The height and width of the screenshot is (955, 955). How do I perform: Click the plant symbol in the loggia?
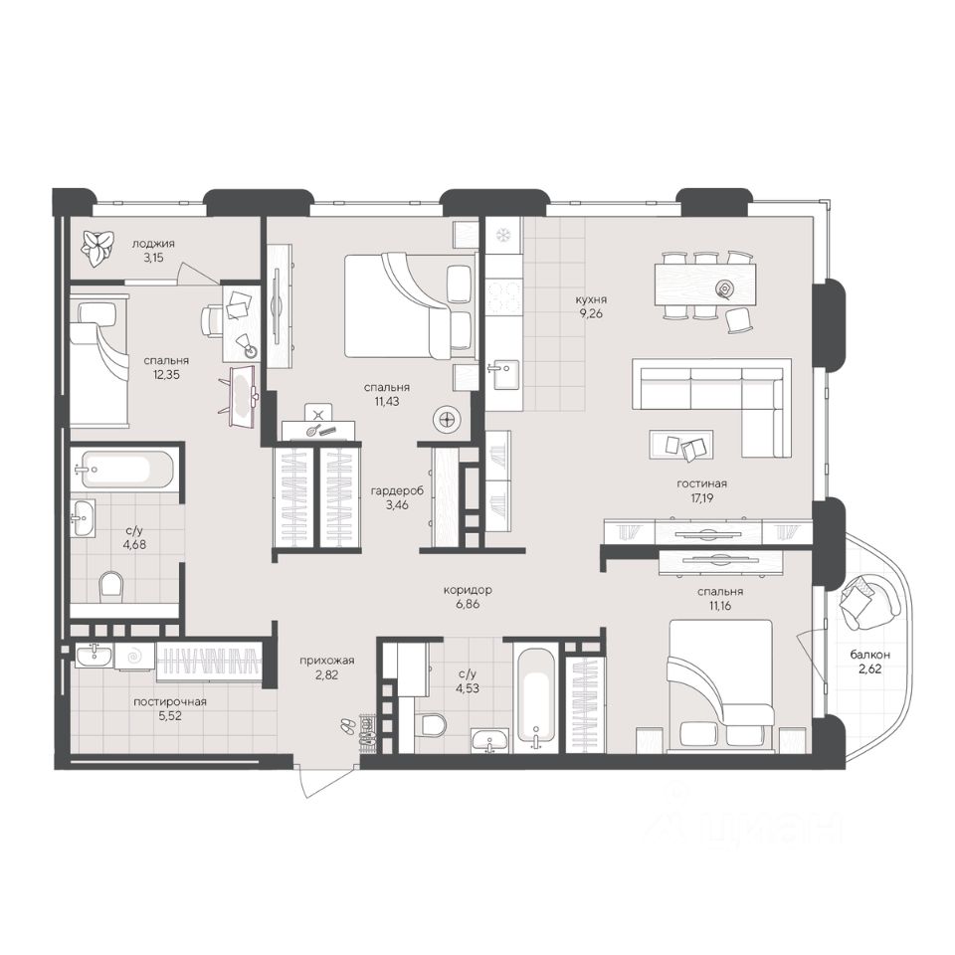tap(98, 249)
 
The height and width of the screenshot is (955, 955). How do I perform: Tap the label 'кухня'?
tap(591, 299)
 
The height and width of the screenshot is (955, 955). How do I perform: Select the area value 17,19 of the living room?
tap(701, 497)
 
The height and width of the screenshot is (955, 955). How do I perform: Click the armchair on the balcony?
tap(869, 602)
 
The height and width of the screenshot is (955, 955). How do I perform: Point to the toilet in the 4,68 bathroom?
tap(110, 585)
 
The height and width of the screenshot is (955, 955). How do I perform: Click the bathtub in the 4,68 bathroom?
tap(121, 469)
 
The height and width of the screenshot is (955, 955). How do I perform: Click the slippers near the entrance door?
tap(348, 725)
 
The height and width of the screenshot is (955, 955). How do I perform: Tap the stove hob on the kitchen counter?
tap(503, 296)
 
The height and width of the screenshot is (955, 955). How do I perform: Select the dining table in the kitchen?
tap(705, 285)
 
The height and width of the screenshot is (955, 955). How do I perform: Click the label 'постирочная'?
tap(170, 701)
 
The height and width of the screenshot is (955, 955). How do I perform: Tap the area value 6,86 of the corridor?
tap(467, 604)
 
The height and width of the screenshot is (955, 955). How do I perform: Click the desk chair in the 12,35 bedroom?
tap(212, 319)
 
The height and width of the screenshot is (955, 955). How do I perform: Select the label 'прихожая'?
tap(326, 661)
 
